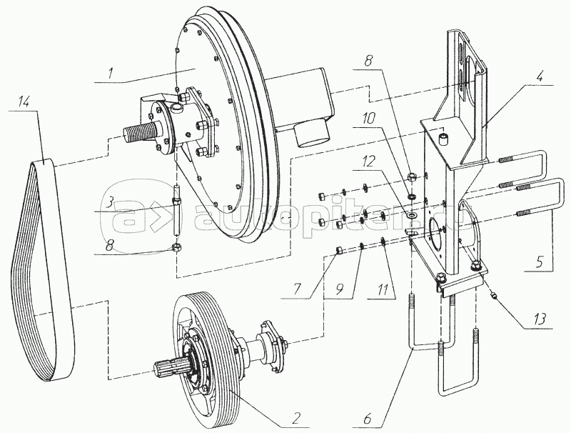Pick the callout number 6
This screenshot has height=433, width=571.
pos(367,419)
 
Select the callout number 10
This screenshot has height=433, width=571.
pos(369,119)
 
